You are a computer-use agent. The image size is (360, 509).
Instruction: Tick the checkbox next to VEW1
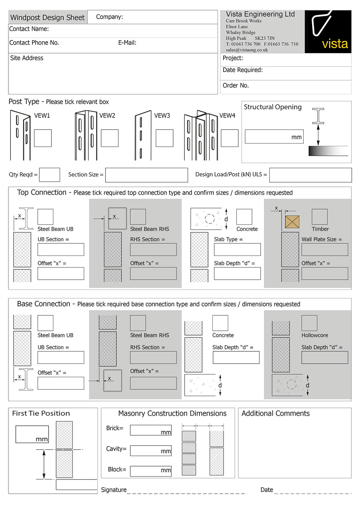click(x=43, y=138)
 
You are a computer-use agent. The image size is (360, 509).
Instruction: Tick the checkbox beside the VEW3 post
click(x=165, y=138)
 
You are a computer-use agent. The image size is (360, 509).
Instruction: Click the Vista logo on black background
click(x=328, y=32)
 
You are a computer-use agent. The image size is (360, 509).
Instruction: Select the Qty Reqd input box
click(x=50, y=175)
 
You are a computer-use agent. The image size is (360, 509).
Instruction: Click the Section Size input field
click(x=147, y=175)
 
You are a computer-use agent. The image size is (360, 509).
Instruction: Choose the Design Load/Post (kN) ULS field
click(x=310, y=175)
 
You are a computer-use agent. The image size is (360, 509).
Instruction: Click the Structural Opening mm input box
click(x=274, y=137)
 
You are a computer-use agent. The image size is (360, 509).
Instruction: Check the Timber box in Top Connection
click(x=320, y=217)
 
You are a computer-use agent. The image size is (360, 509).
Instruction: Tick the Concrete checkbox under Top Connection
click(x=244, y=217)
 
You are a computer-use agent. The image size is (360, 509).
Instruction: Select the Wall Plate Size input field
click(x=325, y=250)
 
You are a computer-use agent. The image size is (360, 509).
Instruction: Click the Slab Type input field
click(x=237, y=250)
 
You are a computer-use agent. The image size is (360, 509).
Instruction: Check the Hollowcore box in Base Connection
click(x=309, y=323)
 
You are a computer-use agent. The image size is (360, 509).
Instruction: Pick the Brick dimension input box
click(x=151, y=430)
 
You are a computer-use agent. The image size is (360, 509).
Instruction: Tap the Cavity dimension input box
click(x=151, y=451)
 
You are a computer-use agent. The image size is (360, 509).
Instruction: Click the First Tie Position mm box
click(x=32, y=434)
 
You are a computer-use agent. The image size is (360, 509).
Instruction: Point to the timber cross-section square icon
click(x=292, y=222)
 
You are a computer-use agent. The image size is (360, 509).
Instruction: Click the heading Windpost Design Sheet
click(x=48, y=18)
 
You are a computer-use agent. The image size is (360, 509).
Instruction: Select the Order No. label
click(x=236, y=86)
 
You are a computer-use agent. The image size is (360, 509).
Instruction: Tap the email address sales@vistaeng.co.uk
click(x=247, y=50)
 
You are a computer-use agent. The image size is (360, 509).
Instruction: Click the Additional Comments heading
click(x=275, y=414)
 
